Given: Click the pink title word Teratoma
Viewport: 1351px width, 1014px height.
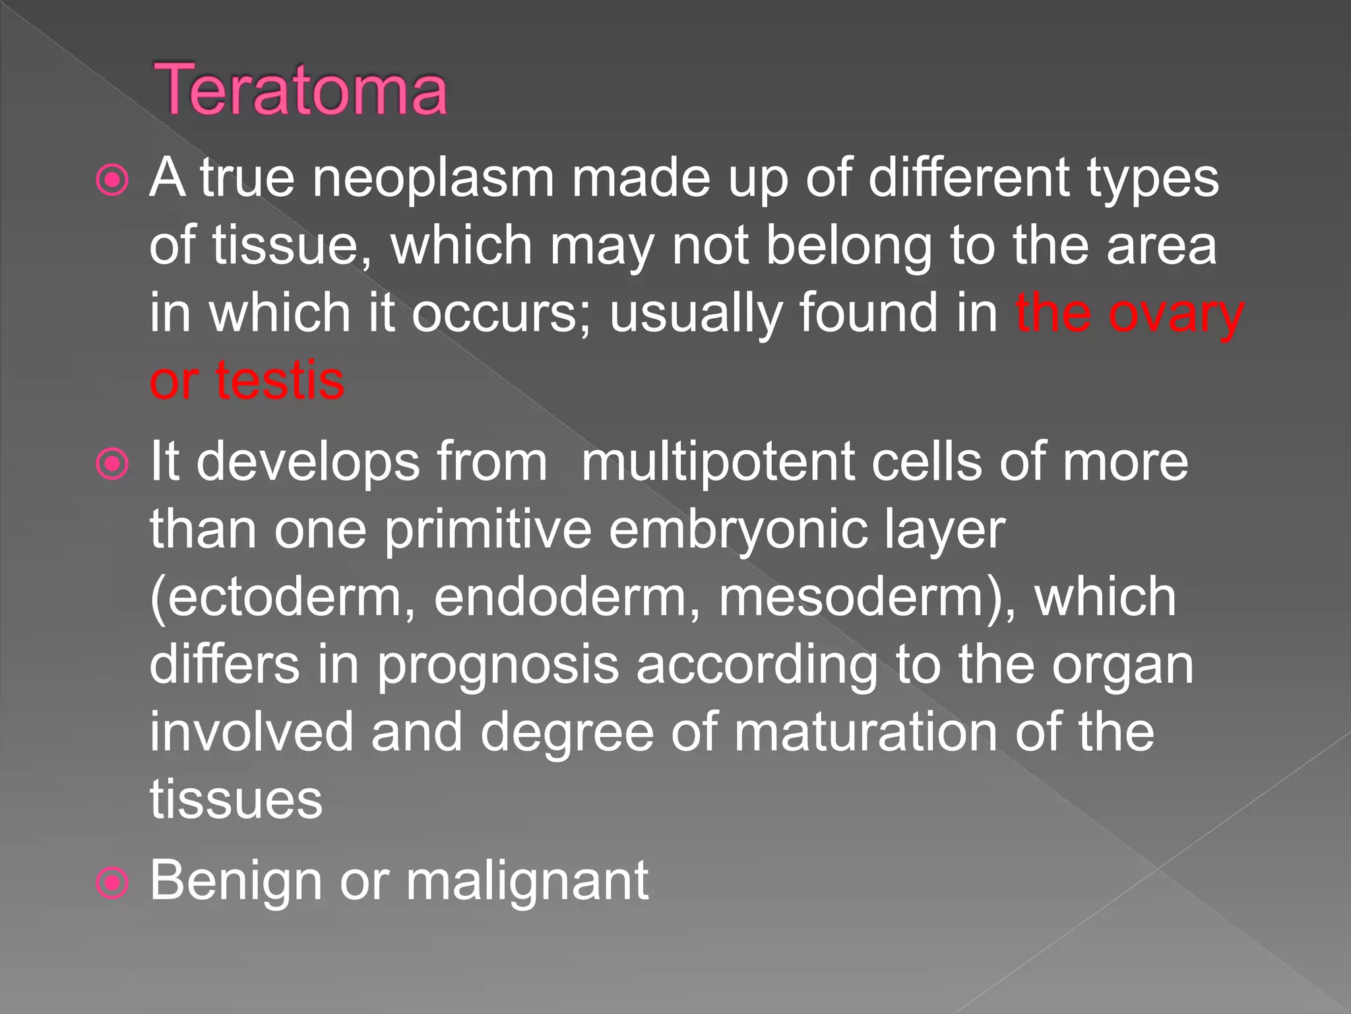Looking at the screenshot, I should coord(300,90).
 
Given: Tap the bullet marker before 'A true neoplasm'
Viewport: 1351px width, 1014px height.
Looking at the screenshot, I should coord(112,180).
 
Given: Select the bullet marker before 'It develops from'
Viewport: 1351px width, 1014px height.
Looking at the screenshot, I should coord(112,464).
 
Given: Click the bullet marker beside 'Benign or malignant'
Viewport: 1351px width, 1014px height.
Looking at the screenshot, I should coord(112,883).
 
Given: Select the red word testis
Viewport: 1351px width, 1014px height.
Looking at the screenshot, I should coord(280,382).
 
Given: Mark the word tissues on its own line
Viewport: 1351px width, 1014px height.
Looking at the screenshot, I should coord(236,801).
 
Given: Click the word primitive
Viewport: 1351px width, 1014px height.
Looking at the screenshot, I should coord(487,530).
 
